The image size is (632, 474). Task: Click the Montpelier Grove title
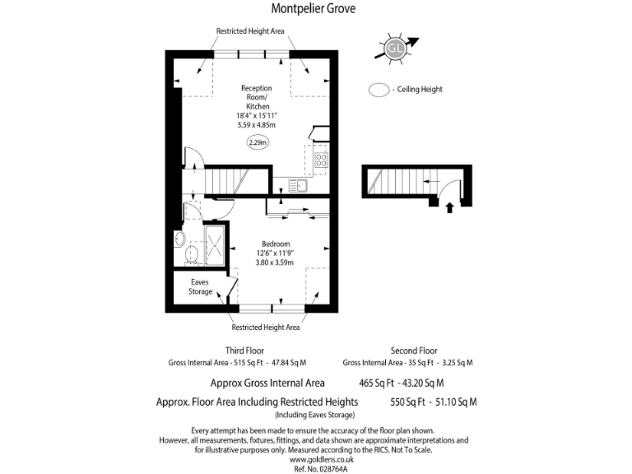[315, 10]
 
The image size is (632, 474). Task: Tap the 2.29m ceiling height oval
[258, 143]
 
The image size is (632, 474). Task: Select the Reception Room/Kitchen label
[256, 97]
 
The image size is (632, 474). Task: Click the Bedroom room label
[275, 244]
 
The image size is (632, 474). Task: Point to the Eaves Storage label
[200, 287]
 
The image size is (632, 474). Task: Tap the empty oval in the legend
[379, 90]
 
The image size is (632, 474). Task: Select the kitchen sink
[298, 186]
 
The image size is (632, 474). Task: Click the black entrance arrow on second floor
[448, 207]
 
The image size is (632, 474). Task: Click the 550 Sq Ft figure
[407, 402]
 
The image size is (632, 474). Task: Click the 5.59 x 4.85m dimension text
[256, 125]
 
